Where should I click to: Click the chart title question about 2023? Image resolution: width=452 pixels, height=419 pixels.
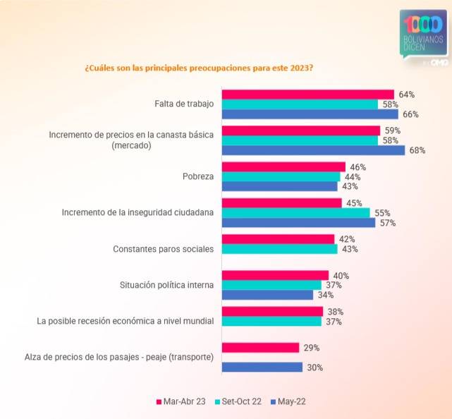tap(199, 68)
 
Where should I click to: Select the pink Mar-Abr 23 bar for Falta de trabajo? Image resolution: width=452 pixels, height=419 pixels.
tap(308, 95)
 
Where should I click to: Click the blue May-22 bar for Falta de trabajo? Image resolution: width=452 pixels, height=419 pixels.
tap(310, 114)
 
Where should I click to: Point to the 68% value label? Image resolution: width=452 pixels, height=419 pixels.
tap(417, 150)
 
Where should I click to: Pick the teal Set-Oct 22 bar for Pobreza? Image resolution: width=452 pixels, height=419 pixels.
tap(281, 177)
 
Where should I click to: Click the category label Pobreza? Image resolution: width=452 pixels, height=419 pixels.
tap(198, 176)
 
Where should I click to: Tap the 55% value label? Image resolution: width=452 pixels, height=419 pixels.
tap(382, 213)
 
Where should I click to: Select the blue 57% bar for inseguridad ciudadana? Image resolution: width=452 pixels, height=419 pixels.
tap(299, 223)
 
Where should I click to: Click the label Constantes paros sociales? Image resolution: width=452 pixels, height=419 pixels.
tap(164, 249)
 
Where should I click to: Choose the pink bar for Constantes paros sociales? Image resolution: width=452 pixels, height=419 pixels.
tap(278, 239)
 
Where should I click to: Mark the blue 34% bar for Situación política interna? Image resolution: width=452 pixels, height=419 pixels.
tap(267, 295)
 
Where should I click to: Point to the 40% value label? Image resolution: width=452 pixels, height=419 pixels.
tap(341, 276)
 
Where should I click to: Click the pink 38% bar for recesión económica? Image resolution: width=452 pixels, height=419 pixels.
tap(272, 312)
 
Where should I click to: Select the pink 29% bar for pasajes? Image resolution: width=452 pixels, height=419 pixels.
tap(261, 348)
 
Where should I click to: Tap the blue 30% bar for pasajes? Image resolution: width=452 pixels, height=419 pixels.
tap(262, 367)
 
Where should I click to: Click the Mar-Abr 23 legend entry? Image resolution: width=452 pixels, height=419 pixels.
tap(181, 401)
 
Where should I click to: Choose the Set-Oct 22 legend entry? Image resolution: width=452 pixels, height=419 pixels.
tap(238, 401)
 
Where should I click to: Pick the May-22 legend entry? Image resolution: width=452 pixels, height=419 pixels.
tap(288, 401)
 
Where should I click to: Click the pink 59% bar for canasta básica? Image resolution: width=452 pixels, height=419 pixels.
tap(301, 130)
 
